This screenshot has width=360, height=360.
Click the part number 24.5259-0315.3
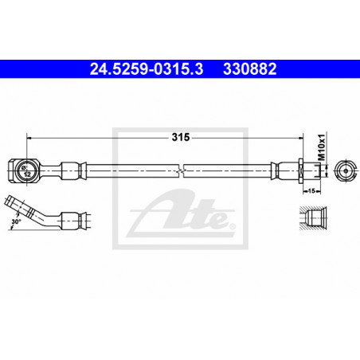tap(147, 69)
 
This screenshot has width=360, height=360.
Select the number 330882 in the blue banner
tap(250, 69)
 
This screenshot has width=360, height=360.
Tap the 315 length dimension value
tap(181, 137)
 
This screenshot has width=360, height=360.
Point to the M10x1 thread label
tap(322, 147)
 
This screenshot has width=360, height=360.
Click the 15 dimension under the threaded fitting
tap(311, 190)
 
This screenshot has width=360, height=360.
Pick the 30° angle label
tap(16, 221)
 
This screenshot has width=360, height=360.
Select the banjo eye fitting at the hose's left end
tap(23, 170)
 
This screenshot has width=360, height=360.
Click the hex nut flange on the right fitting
tap(301, 170)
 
